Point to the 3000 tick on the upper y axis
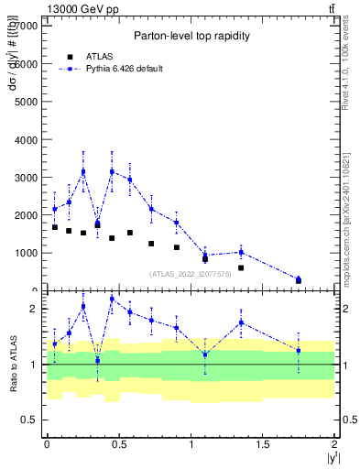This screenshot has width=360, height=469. [x=27, y=177]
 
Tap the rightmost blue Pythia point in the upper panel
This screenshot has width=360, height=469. [x=299, y=279]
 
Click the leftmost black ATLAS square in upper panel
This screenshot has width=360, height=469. [x=54, y=227]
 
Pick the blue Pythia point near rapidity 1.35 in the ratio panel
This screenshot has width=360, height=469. [x=241, y=322]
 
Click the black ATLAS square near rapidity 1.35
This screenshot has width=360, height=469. [x=241, y=267]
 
